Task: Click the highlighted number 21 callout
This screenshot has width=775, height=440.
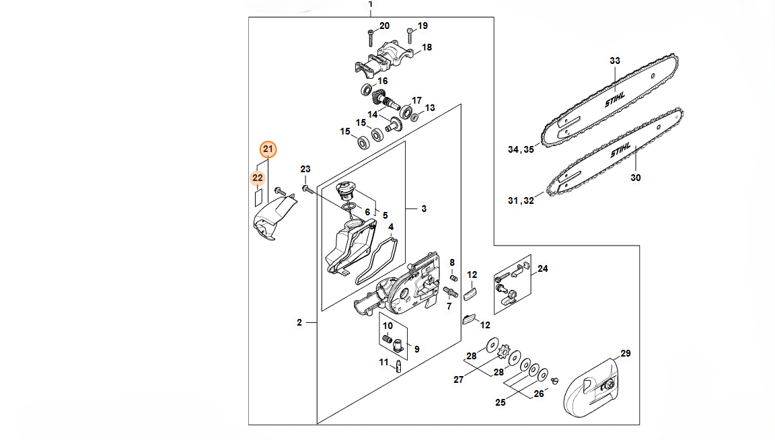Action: point(268,149)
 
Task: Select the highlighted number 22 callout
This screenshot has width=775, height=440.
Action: point(258,178)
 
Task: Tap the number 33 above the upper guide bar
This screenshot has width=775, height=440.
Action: point(615,61)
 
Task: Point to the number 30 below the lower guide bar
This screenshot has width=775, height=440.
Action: point(636,178)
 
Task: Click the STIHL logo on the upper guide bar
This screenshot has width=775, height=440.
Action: point(615,99)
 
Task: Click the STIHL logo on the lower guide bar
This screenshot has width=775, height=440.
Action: point(621,150)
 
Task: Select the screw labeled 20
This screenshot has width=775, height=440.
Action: point(371,38)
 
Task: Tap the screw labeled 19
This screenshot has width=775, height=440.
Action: point(409,36)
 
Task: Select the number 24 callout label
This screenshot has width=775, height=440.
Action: point(543,269)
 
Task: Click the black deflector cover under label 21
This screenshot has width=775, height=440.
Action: point(273,218)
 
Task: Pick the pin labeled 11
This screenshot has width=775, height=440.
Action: point(398,367)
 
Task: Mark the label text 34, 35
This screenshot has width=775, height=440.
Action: point(521,149)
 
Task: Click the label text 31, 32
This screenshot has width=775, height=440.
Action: point(521,200)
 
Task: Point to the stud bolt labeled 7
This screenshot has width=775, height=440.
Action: point(451,292)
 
